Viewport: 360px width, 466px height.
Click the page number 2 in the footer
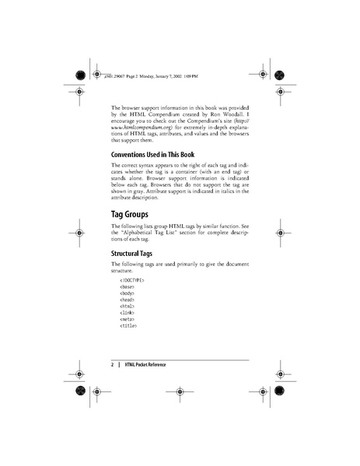pos(113,364)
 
